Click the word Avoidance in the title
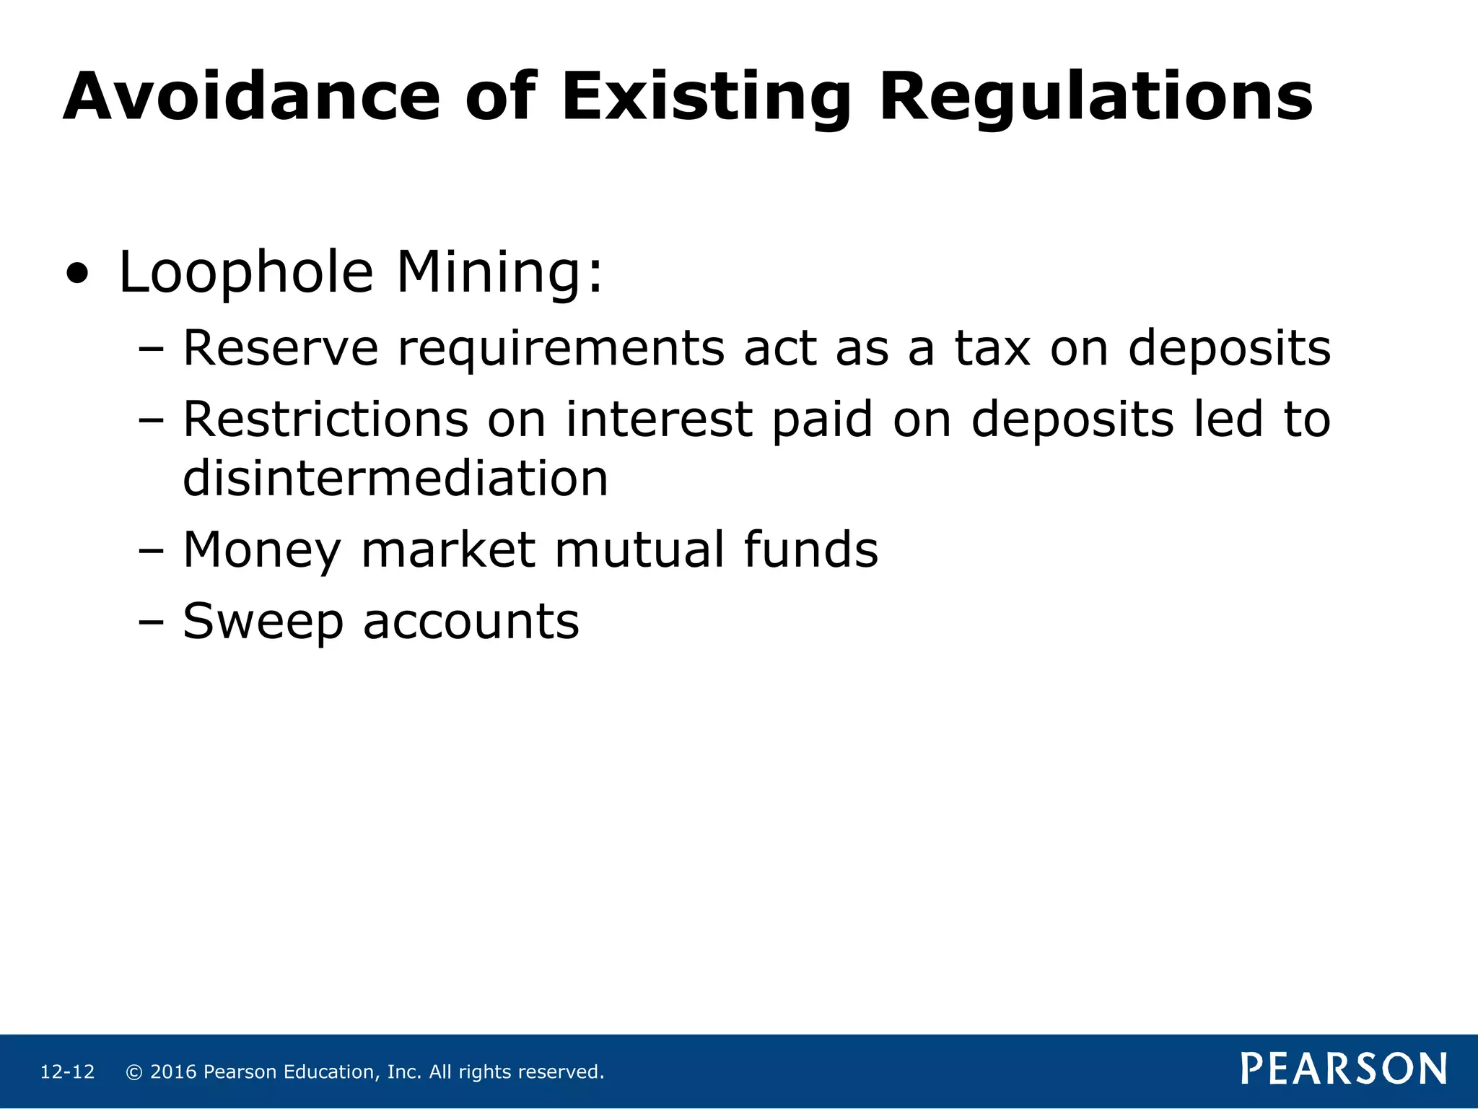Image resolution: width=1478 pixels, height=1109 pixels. [251, 97]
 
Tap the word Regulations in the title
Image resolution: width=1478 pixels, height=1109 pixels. [1096, 98]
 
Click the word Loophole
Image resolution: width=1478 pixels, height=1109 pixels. [245, 273]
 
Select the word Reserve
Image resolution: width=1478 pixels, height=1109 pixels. [281, 348]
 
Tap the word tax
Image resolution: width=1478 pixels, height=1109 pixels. [992, 348]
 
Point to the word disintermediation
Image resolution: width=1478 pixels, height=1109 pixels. [395, 478]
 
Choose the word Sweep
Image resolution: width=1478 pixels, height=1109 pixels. [263, 621]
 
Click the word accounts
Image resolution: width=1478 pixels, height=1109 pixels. [471, 622]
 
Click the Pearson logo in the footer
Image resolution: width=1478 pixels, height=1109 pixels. [1344, 1069]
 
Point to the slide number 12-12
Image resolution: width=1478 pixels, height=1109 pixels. [67, 1072]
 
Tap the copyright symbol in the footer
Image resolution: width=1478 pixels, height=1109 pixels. [134, 1072]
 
